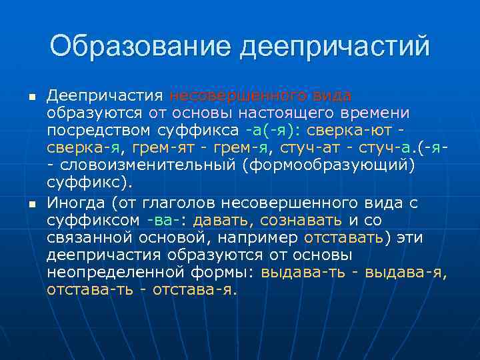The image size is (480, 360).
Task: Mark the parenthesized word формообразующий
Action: coord(333,165)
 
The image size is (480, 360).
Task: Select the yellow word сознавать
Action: coord(301,220)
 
